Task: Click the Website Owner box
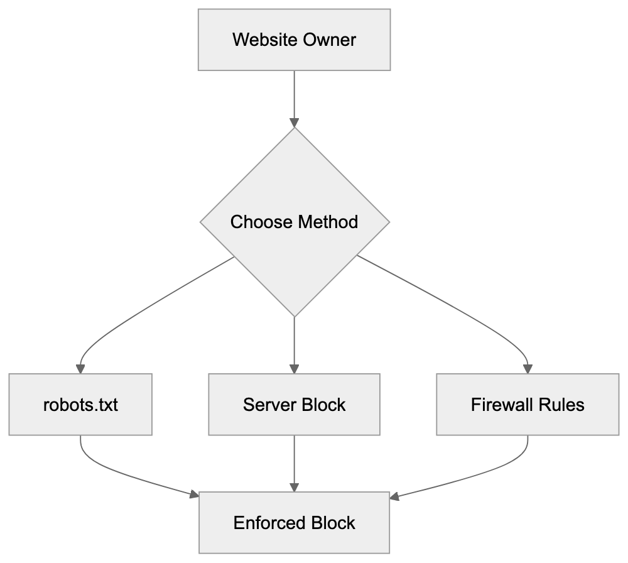coord(294,40)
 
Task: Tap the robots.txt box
coord(80,404)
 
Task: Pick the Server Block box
coord(294,404)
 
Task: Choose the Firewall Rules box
coord(528,404)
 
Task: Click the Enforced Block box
coord(294,523)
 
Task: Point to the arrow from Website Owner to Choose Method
coord(294,97)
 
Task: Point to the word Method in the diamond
coord(328,222)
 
